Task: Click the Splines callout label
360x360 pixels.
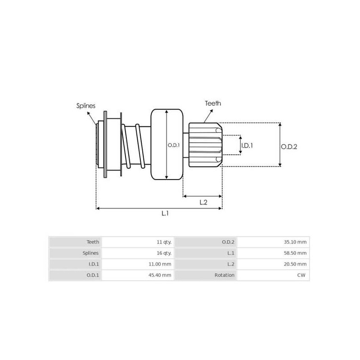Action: (85, 106)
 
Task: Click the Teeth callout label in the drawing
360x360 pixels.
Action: (213, 103)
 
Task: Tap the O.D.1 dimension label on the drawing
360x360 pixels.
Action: (174, 145)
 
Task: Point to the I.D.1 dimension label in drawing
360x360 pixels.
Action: (247, 145)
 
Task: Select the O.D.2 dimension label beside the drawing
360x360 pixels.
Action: (289, 146)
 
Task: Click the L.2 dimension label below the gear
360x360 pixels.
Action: (203, 202)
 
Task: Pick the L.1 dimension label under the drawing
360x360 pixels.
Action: (165, 214)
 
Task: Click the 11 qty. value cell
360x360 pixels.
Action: (163, 242)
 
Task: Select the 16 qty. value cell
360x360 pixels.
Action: (163, 253)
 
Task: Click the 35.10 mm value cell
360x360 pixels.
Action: (295, 242)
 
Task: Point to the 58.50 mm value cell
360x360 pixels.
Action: (295, 253)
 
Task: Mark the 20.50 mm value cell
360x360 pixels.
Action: (295, 264)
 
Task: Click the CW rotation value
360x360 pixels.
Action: (302, 275)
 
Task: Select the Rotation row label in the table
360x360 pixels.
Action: (225, 275)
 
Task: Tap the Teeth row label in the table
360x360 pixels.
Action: (93, 242)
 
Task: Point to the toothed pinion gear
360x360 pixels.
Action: (205, 145)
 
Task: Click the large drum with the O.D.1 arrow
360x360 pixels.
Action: (160, 145)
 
